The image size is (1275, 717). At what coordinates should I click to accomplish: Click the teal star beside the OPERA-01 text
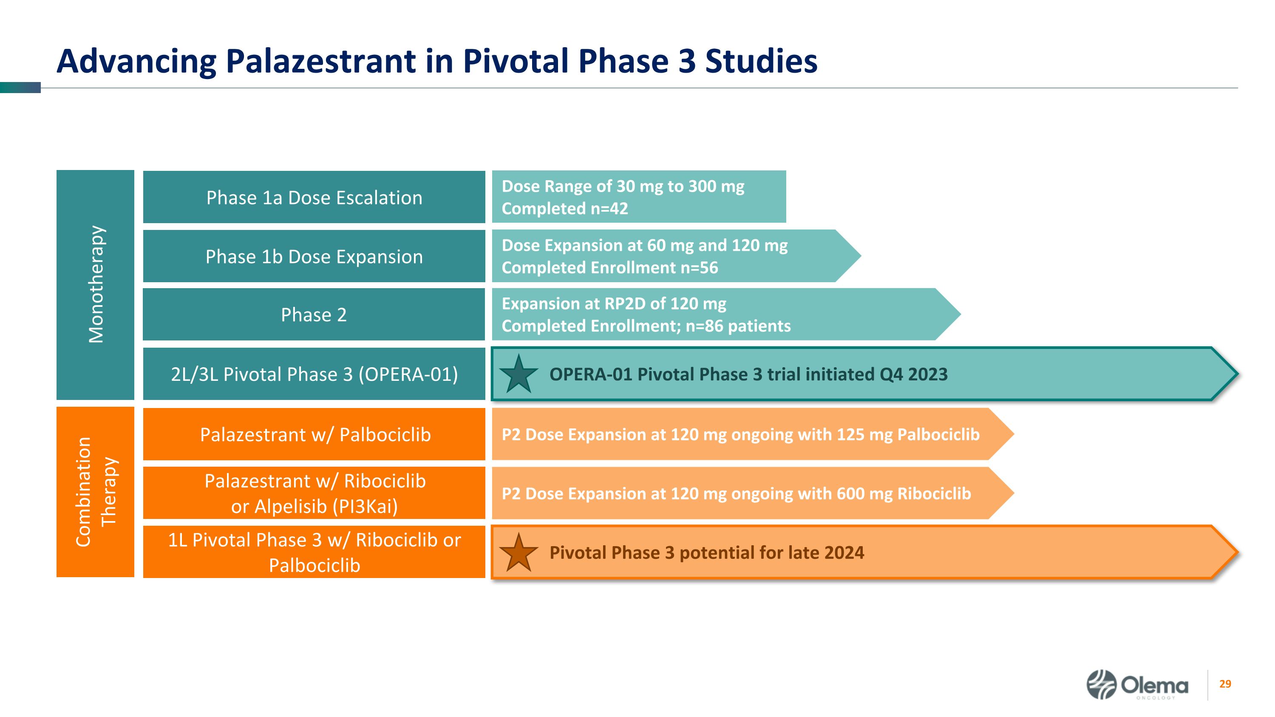pyautogui.click(x=518, y=374)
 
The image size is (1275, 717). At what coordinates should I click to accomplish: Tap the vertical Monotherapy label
pyautogui.click(x=96, y=284)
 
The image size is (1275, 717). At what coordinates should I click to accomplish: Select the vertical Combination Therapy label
pyautogui.click(x=96, y=491)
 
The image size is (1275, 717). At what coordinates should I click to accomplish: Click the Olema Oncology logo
pyautogui.click(x=1137, y=685)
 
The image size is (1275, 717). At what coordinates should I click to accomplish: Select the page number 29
pyautogui.click(x=1225, y=684)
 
